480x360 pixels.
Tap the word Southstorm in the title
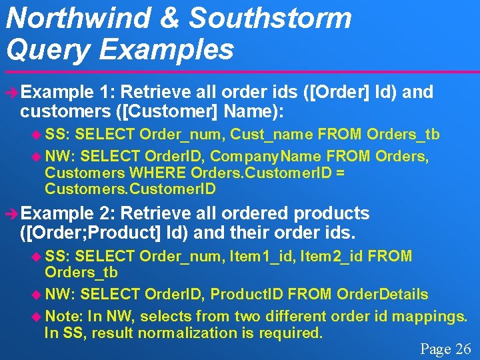click(x=270, y=17)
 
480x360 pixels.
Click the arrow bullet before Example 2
click(x=9, y=214)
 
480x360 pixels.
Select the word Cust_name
click(x=272, y=135)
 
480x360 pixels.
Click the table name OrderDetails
click(x=383, y=294)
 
